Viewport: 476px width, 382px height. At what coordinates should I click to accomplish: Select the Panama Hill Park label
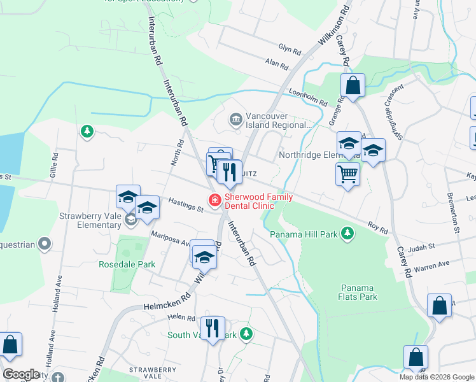pos(303,234)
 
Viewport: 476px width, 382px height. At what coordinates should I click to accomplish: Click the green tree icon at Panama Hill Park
pos(347,234)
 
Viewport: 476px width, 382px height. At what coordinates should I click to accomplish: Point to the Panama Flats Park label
pos(358,292)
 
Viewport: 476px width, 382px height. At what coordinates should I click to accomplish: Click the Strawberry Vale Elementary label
pos(90,220)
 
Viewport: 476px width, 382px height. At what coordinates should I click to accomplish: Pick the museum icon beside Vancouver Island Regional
pos(236,119)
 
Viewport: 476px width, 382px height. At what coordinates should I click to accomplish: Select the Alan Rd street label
pos(277,64)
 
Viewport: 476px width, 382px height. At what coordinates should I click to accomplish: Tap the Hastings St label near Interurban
pos(185,204)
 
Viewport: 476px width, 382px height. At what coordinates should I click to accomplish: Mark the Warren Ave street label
pos(431,265)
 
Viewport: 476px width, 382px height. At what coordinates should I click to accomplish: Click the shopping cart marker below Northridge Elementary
pos(347,173)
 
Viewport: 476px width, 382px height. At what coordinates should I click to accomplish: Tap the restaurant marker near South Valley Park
pos(213,329)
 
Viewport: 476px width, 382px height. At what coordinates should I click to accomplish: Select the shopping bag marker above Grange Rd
pos(352,85)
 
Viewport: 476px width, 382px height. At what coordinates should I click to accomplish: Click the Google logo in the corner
pos(21,374)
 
